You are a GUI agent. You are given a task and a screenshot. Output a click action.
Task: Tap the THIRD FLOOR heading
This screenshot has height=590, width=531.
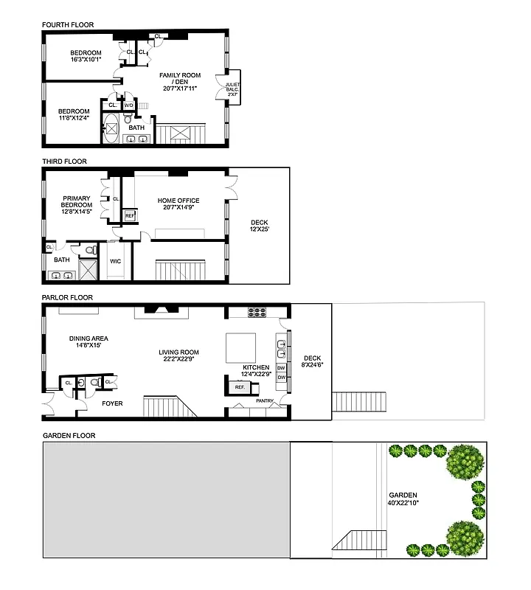click(64, 162)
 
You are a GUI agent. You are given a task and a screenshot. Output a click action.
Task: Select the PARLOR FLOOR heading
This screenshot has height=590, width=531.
click(67, 298)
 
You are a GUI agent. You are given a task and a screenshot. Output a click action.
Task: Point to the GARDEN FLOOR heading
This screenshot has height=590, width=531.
click(69, 436)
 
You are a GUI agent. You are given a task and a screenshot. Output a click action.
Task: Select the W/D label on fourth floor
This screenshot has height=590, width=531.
click(128, 105)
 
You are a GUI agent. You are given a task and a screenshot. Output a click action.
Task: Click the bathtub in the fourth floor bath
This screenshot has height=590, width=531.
click(113, 128)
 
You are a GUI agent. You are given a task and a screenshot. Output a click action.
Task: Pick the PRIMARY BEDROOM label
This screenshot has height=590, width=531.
click(77, 205)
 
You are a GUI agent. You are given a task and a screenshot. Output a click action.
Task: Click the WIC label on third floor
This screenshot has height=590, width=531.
click(115, 261)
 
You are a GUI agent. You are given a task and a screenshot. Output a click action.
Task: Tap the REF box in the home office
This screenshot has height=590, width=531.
click(130, 216)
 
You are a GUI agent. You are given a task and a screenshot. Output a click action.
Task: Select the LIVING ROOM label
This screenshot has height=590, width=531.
click(178, 356)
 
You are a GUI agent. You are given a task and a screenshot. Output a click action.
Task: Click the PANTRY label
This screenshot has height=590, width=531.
click(265, 401)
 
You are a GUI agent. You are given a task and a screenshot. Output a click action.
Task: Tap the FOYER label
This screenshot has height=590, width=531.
click(111, 403)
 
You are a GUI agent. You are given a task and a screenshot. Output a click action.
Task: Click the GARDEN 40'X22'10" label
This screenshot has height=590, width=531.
click(403, 499)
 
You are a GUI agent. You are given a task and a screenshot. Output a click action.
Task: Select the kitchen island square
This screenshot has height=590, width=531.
click(240, 345)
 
